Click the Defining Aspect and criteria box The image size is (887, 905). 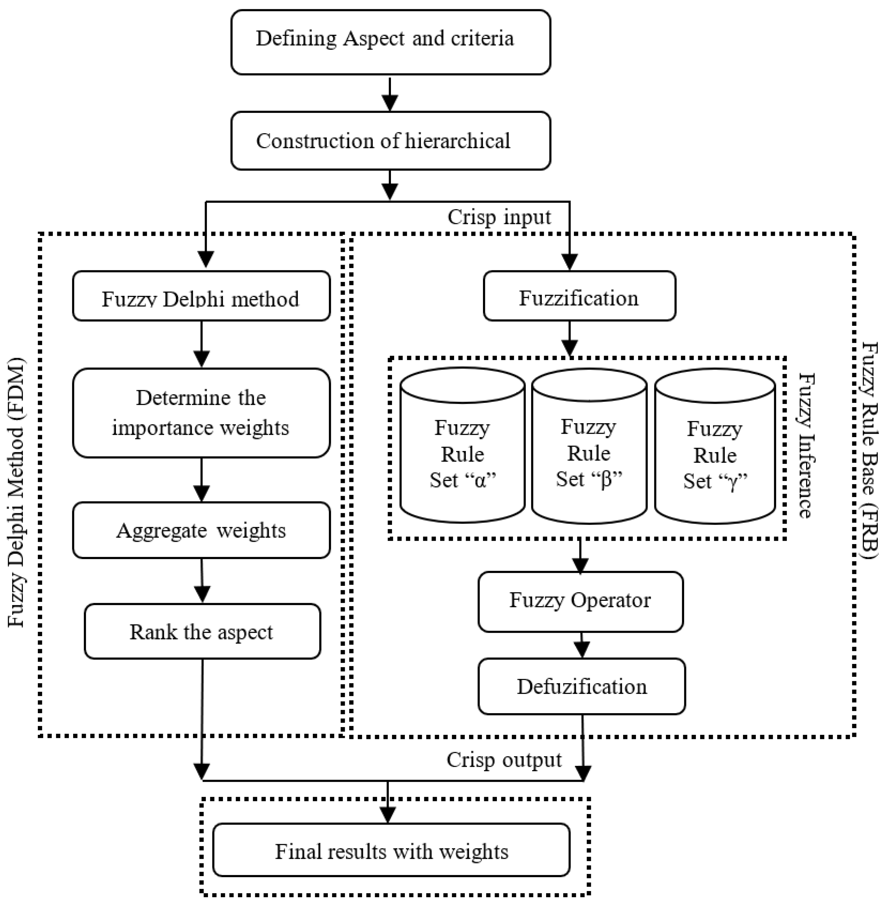[390, 42]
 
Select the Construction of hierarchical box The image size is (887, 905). [390, 141]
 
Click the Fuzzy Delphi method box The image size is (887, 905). [201, 296]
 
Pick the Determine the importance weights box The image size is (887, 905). [201, 413]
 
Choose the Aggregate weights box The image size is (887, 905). [201, 530]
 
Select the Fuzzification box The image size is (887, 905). [579, 296]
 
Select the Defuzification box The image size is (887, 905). [581, 686]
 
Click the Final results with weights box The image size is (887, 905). [391, 851]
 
